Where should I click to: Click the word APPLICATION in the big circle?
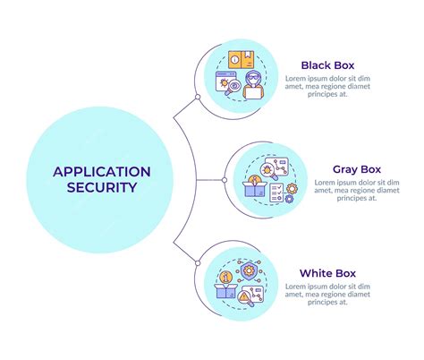(102, 172)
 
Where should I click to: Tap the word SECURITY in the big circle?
(102, 187)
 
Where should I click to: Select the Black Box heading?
(327, 65)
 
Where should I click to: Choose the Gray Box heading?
(357, 169)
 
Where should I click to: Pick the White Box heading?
(327, 273)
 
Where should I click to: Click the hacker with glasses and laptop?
(253, 85)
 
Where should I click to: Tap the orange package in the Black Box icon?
(242, 60)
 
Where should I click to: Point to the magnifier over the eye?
(233, 88)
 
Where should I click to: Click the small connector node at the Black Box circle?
(198, 97)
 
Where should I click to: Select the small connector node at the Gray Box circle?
(225, 180)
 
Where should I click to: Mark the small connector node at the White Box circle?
(198, 263)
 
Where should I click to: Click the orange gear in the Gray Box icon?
(292, 189)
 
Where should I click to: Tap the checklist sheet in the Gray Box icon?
(276, 193)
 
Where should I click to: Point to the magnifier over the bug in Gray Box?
(268, 171)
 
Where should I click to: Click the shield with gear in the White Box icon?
(248, 271)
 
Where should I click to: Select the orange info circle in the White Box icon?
(226, 278)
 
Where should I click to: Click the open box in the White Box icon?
(225, 291)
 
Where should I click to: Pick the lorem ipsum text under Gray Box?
(357, 190)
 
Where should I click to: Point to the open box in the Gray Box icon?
(254, 189)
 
